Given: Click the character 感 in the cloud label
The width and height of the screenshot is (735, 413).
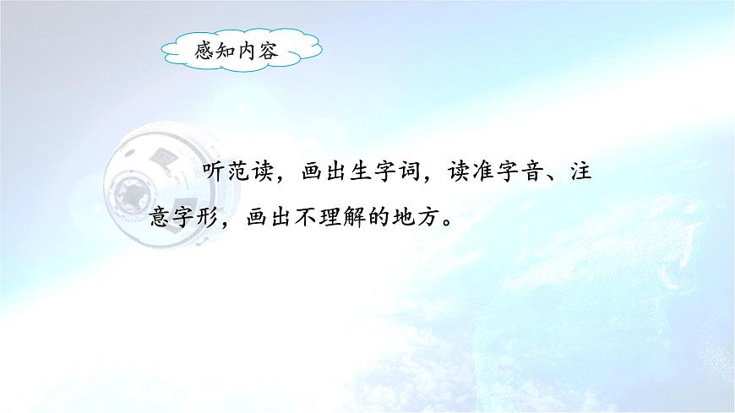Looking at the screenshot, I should [x=203, y=52].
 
